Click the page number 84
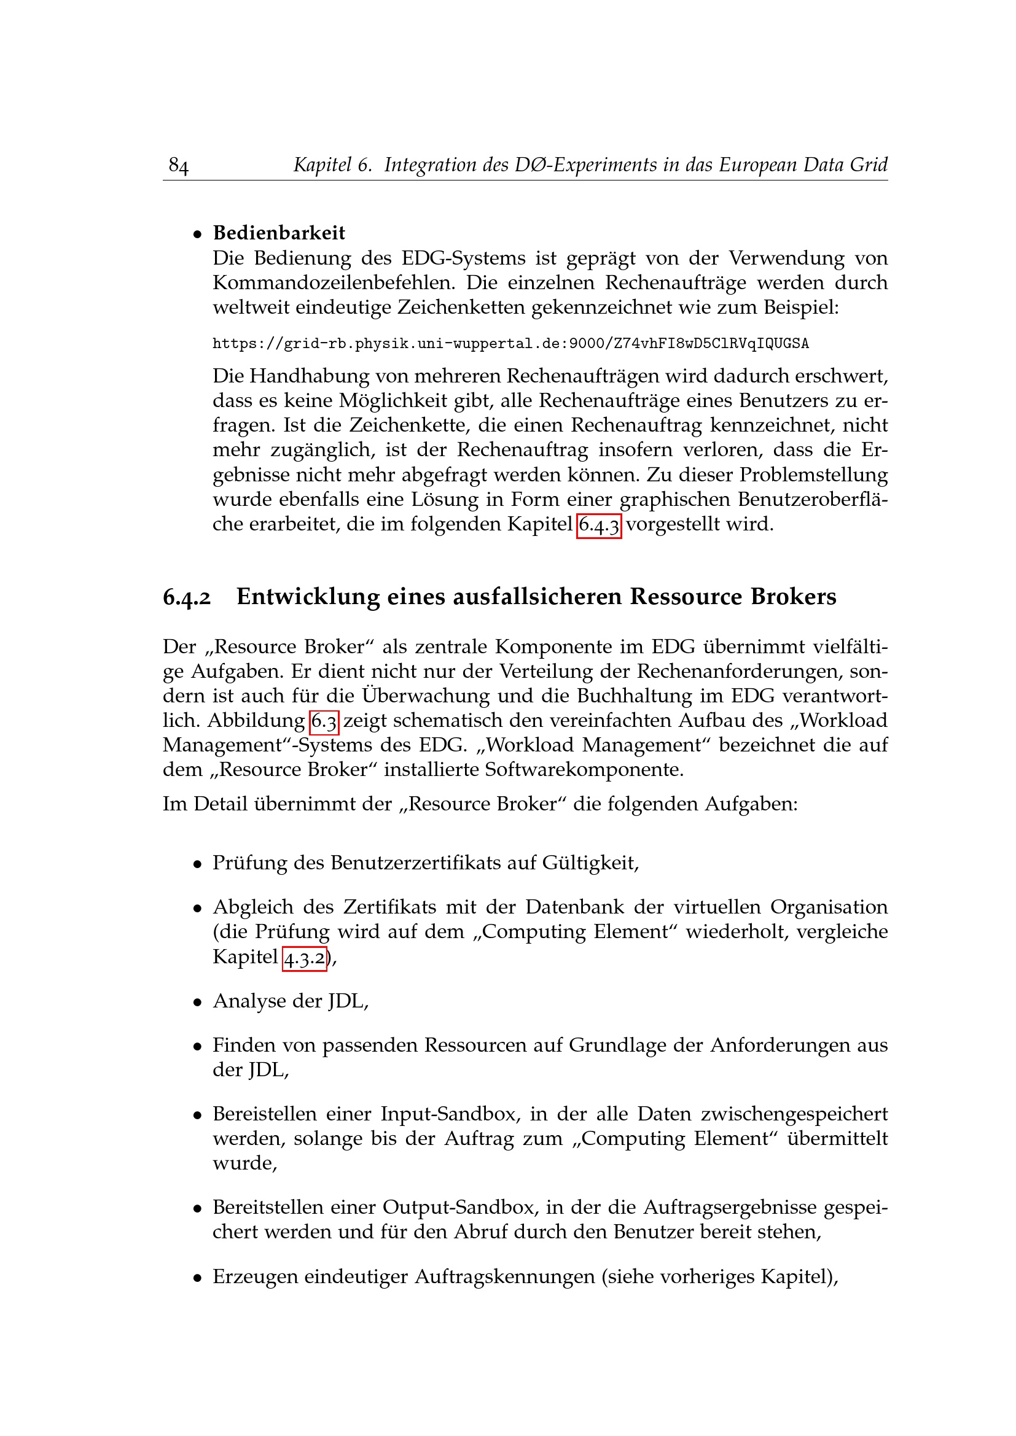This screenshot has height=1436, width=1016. tap(178, 165)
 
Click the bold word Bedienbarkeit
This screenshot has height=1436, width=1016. tap(279, 233)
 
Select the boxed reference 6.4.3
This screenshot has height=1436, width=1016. tap(599, 524)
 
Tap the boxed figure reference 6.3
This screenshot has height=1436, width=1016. tap(324, 721)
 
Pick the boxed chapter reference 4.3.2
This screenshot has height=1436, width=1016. tap(305, 957)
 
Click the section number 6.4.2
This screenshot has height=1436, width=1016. tap(187, 597)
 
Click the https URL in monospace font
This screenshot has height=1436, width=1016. tap(510, 343)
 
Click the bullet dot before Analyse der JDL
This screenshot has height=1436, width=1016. tap(198, 1001)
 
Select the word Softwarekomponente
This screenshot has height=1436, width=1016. tap(584, 769)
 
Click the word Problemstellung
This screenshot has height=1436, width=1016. tap(813, 475)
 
